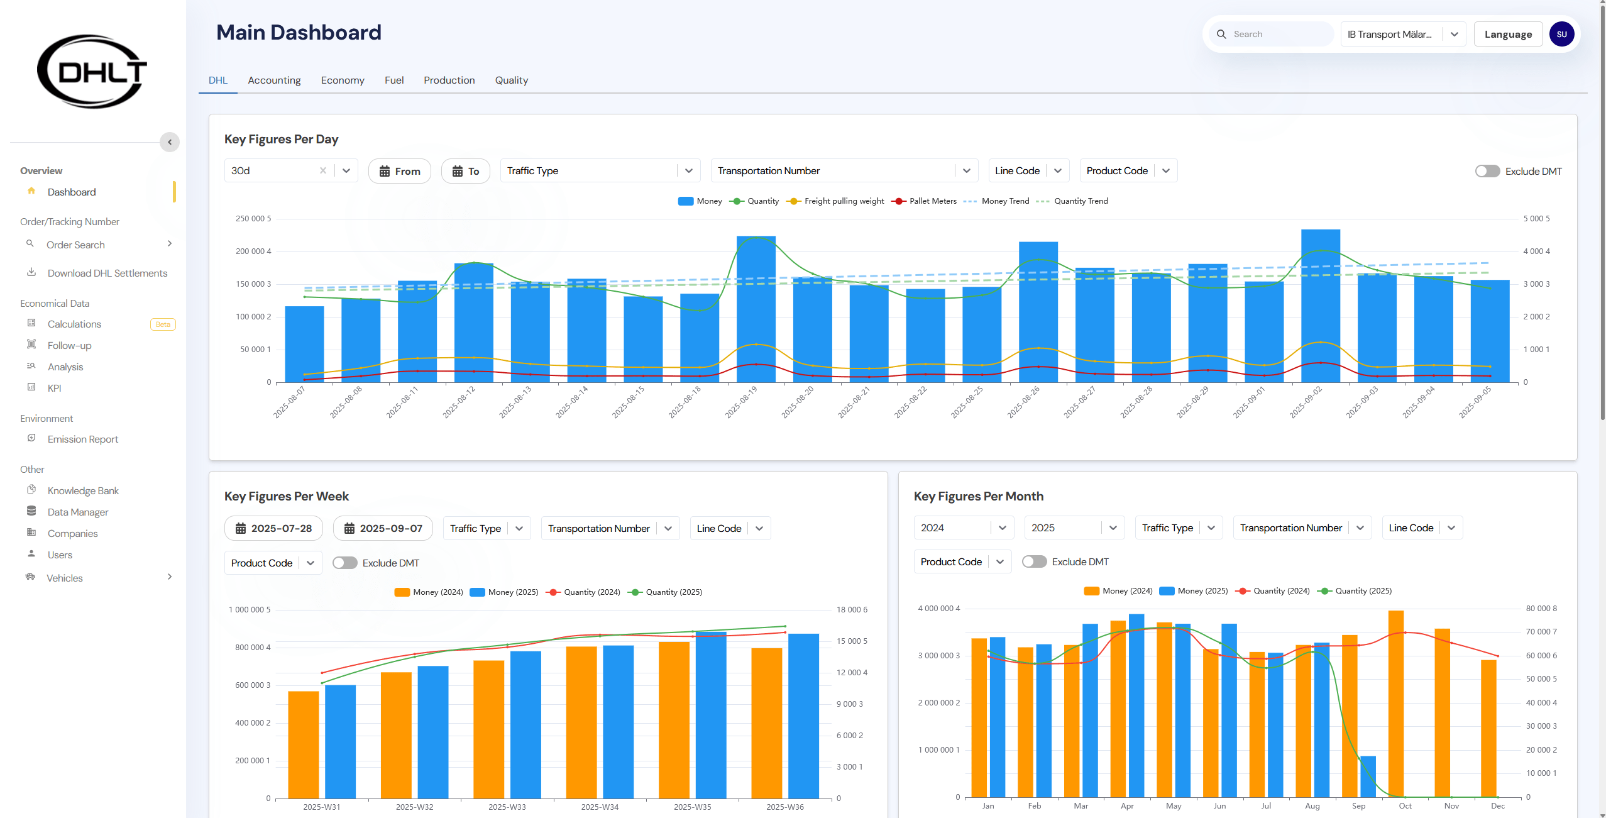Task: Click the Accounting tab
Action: point(274,80)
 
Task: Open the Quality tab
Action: point(511,80)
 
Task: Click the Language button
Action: point(1507,35)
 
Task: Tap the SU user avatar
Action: point(1561,35)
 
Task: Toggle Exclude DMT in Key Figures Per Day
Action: point(1487,171)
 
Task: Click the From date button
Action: point(400,171)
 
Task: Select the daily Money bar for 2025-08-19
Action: point(756,308)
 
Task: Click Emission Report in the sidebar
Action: point(82,439)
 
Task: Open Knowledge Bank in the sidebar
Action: point(83,491)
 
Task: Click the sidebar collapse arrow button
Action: point(170,142)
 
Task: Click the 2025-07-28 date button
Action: point(273,529)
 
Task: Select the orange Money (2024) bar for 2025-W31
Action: point(304,744)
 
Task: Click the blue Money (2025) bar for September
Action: point(1368,777)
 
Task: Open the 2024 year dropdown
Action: point(963,528)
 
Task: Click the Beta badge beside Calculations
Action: point(163,324)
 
